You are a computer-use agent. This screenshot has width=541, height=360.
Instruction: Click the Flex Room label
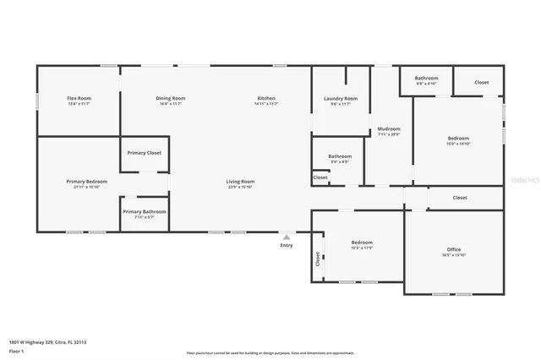point(79,99)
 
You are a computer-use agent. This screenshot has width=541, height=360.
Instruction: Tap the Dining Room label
point(171,99)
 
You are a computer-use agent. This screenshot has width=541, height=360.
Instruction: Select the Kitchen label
point(266,99)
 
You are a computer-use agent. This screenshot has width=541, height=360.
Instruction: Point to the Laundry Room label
point(341,99)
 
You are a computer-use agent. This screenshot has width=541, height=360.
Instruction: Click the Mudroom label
point(389,128)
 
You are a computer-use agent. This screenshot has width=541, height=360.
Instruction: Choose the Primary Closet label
point(144,153)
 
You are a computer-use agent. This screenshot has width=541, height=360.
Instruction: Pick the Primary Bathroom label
point(144,212)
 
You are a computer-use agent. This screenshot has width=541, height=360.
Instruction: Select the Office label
point(454,249)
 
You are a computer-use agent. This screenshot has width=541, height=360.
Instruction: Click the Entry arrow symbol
point(287,237)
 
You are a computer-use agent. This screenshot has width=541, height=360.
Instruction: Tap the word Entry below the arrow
point(287,246)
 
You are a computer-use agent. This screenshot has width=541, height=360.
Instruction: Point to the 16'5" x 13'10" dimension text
point(454,255)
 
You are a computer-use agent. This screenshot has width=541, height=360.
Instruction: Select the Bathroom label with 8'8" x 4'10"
point(426,79)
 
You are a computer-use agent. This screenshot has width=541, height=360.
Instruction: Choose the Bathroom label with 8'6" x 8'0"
point(340,156)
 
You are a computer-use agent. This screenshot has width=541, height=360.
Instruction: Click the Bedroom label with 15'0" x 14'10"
point(458,139)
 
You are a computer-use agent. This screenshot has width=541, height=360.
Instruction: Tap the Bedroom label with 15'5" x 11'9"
point(362,243)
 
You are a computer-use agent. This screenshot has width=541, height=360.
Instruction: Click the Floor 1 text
point(16,350)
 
